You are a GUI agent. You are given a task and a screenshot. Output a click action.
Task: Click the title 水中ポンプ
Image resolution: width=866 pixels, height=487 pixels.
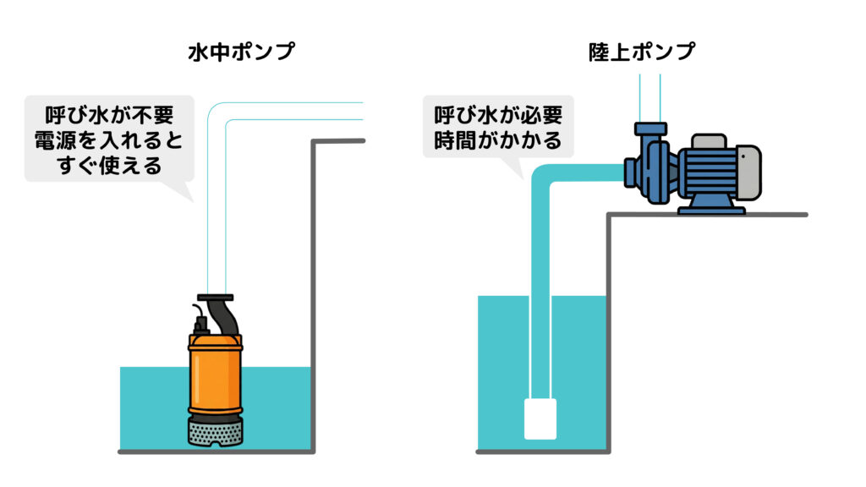click(x=241, y=52)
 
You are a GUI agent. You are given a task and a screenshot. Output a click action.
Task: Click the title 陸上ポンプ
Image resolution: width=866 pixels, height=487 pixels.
click(x=642, y=52)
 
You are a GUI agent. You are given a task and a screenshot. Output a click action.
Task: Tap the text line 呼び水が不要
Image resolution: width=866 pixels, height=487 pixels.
click(x=109, y=114)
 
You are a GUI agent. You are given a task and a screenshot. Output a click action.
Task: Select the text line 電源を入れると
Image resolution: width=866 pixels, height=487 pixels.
click(x=109, y=140)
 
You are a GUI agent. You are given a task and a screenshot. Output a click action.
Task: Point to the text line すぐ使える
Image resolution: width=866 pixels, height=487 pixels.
click(x=109, y=165)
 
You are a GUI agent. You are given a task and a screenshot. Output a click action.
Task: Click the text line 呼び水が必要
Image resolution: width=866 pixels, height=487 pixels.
click(x=497, y=114)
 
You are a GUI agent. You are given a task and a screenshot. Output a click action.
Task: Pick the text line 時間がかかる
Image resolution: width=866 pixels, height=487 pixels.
click(x=497, y=140)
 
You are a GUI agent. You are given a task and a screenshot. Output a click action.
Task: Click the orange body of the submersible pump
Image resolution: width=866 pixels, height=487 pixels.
click(x=216, y=376)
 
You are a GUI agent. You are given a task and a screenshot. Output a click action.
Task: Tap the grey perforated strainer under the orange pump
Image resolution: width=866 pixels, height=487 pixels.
click(x=216, y=433)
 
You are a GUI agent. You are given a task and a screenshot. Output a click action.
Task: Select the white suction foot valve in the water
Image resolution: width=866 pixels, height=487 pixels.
click(x=540, y=419)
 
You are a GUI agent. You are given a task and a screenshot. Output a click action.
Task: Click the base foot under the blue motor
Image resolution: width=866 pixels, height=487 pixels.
click(x=710, y=205)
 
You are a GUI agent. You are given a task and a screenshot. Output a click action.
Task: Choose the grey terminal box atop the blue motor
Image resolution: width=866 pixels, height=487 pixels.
click(x=709, y=140)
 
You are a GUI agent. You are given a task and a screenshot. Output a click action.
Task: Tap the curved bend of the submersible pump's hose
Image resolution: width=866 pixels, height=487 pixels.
click(x=222, y=118)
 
